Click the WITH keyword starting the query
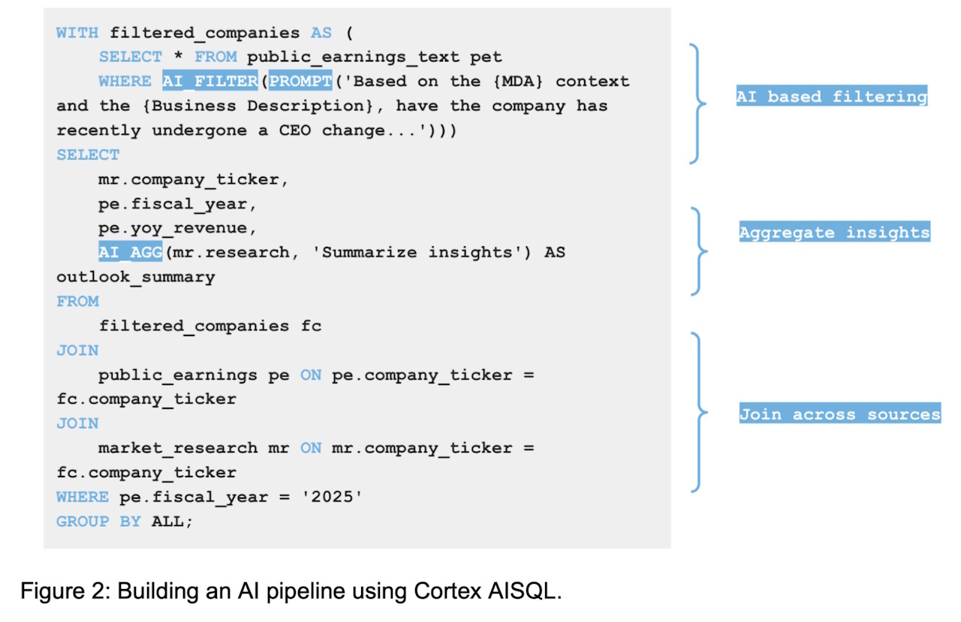77,32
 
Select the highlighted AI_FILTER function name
209,80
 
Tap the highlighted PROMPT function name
300,80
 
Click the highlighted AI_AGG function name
131,251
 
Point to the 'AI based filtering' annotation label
831,95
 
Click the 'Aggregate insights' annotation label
834,232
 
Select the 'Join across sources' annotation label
839,413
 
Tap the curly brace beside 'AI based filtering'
697,104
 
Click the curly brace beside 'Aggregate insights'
699,251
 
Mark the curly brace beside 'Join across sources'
699,413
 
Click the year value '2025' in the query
332,497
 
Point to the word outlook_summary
136,278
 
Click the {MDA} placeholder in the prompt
518,81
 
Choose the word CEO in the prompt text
295,130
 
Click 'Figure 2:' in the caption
65,590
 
